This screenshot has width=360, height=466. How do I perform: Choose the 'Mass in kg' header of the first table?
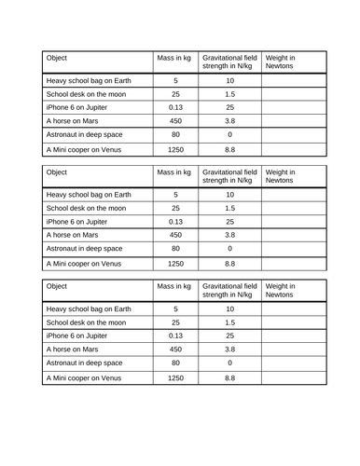tap(175, 57)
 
